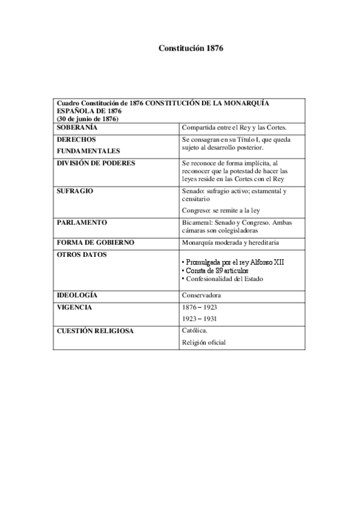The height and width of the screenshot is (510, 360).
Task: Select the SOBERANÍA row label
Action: [x=77, y=127]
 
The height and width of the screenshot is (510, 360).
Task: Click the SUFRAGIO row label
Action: [x=75, y=191]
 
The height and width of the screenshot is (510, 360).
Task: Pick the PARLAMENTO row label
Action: [x=82, y=222]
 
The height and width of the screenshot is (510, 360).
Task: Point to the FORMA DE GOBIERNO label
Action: [x=95, y=242]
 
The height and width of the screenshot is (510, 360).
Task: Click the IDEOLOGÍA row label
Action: [x=77, y=295]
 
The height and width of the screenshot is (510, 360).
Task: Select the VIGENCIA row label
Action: [x=74, y=307]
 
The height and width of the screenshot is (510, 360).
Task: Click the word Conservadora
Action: [x=201, y=296]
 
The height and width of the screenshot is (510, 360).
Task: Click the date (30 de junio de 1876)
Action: [x=87, y=119]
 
